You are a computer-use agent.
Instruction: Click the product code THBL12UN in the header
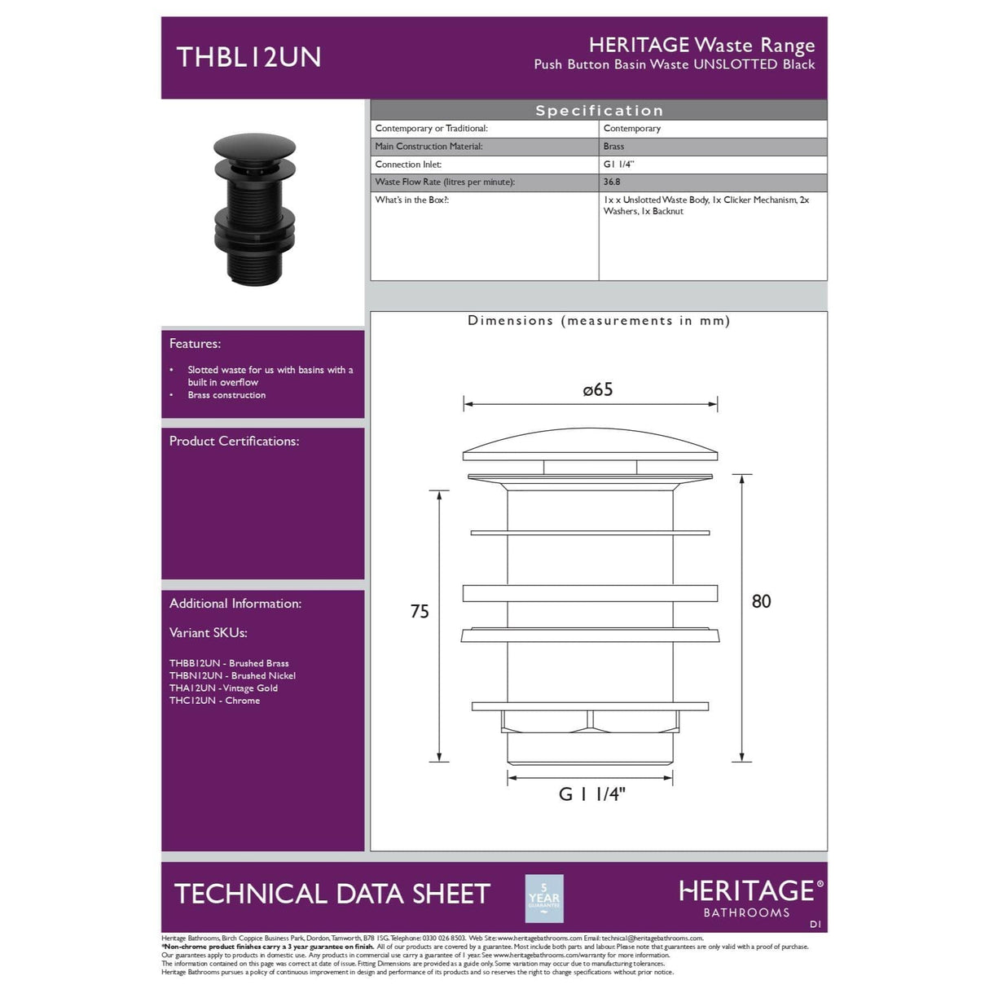tap(248, 57)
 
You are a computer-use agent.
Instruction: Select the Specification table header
tap(599, 111)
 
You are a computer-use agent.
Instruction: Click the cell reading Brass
tap(614, 147)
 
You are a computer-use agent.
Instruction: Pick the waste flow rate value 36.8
tap(612, 182)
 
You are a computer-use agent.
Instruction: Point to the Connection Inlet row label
tap(408, 165)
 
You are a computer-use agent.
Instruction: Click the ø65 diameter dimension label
tap(598, 389)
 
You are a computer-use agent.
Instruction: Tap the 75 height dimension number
tap(420, 612)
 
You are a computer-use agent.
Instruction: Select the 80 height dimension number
tap(761, 601)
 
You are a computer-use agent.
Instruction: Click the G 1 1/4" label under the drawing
tap(591, 794)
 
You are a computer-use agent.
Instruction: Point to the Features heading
tap(195, 344)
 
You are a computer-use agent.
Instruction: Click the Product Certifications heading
tap(234, 441)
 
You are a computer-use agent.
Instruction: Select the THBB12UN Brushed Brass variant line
tap(229, 663)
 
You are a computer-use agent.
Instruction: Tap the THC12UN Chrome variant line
tap(215, 701)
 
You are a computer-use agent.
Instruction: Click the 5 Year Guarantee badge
tap(544, 898)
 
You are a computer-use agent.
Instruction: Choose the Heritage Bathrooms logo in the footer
tap(750, 897)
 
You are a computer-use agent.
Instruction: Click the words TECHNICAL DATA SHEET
tap(332, 894)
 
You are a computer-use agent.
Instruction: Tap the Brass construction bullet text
tap(226, 395)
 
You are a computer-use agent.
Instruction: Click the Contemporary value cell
tap(632, 129)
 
